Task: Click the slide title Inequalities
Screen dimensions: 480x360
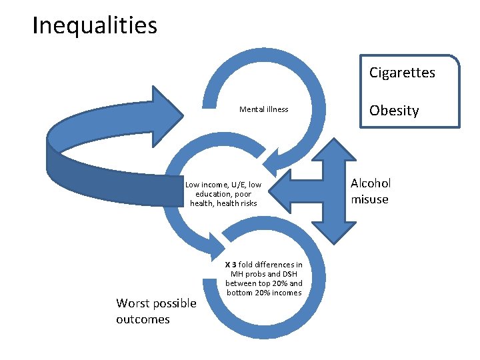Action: pos(95,26)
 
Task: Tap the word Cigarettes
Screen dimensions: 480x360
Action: pos(402,73)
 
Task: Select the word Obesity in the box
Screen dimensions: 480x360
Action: pos(394,111)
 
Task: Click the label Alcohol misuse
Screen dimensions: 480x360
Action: pos(371,191)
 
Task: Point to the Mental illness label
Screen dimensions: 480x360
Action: pos(264,109)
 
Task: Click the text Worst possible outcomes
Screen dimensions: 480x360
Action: pos(156,311)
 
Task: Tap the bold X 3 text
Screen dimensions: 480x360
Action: pos(231,265)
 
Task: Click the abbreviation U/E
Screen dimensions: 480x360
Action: pos(237,185)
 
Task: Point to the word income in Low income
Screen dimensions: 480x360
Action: pos(214,185)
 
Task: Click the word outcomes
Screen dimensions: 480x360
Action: pos(143,319)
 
